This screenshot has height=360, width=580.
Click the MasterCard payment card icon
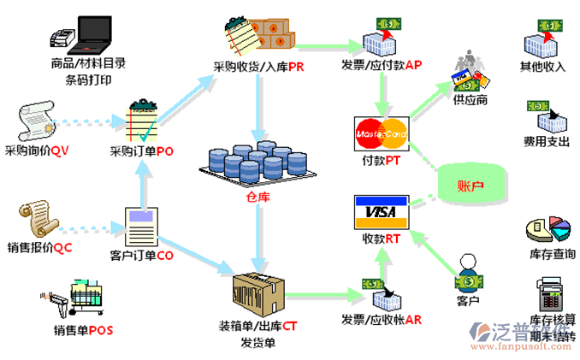pyautogui.click(x=381, y=133)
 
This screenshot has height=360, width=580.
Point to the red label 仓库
pyautogui.click(x=257, y=198)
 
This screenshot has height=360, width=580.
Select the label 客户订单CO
pyautogui.click(x=142, y=255)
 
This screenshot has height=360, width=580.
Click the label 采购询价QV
pyautogui.click(x=37, y=151)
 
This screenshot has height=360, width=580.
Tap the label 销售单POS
pyautogui.click(x=83, y=331)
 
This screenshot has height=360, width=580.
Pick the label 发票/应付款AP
pyautogui.click(x=382, y=65)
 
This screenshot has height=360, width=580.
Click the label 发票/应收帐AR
pyautogui.click(x=382, y=320)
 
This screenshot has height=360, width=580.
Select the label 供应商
pyautogui.click(x=471, y=100)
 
